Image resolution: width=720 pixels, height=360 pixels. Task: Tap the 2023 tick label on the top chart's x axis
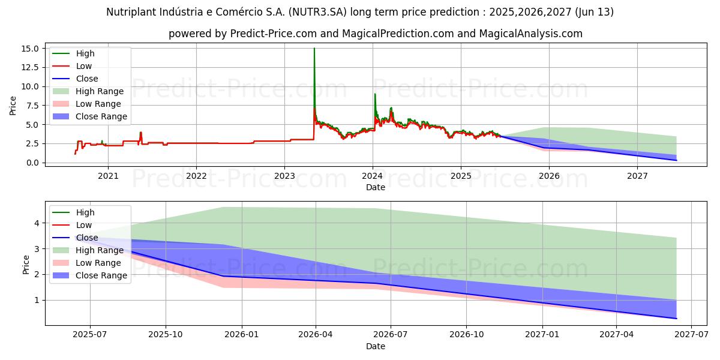284,176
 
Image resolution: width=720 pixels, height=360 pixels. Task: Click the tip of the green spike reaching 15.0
314,49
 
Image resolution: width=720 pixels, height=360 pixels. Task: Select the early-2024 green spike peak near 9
375,94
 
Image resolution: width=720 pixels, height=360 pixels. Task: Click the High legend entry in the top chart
85,53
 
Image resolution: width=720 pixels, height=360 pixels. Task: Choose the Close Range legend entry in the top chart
101,116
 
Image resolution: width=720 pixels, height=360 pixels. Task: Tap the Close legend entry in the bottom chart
87,238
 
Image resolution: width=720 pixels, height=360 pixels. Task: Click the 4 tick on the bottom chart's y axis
36,223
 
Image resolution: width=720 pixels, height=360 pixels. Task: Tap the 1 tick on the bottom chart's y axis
36,300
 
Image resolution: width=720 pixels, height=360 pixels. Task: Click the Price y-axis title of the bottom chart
26,264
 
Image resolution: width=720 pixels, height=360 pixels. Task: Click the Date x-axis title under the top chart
376,187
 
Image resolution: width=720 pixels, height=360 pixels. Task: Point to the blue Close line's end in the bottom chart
676,319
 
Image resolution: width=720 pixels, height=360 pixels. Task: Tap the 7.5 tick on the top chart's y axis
34,106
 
